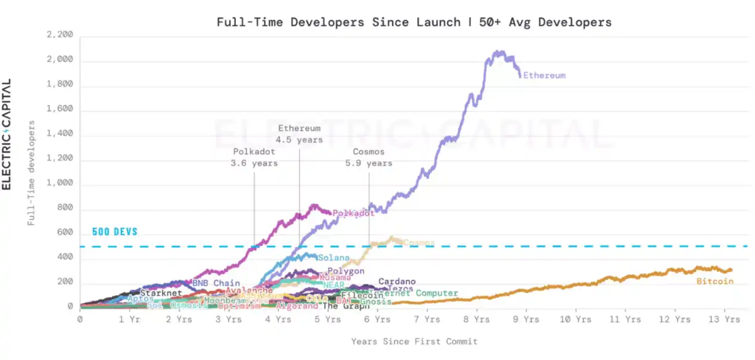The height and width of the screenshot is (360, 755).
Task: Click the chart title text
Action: (414, 23)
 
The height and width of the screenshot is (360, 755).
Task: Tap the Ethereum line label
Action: (544, 76)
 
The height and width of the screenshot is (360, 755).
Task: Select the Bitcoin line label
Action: (714, 281)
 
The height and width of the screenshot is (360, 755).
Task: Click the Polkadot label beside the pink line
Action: (353, 213)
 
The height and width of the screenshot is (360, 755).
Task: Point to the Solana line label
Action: (333, 258)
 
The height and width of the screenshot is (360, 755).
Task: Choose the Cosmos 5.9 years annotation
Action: (368, 157)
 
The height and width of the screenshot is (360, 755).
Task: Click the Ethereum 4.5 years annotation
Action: (299, 134)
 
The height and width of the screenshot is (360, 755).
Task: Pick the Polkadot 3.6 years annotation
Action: (254, 157)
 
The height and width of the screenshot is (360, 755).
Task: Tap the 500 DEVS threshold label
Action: (114, 232)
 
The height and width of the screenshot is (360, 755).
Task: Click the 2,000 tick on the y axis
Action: (60, 60)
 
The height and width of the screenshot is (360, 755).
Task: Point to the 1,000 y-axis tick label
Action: (60, 184)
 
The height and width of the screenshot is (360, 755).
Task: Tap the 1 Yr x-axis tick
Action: (129, 319)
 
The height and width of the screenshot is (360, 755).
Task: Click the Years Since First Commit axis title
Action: (414, 342)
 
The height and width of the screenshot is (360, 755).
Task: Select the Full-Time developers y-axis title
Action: (31, 173)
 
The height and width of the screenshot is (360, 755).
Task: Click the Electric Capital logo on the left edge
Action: (7, 134)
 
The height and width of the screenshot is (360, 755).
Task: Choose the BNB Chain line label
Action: (216, 283)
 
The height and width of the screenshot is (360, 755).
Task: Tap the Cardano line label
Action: (397, 281)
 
